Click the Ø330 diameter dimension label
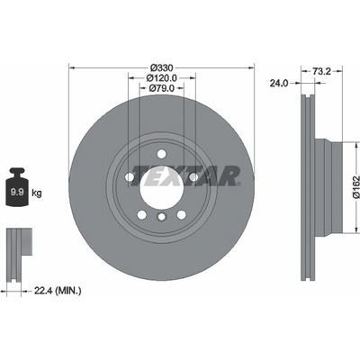tap(162, 67)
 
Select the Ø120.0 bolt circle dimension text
tap(162, 78)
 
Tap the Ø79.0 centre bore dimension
tap(162, 88)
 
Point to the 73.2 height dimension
tap(321, 71)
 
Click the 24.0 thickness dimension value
tap(279, 83)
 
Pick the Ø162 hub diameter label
tap(355, 187)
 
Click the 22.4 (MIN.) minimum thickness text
tap(58, 291)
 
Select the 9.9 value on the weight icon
tap(17, 192)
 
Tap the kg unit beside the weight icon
tap(37, 193)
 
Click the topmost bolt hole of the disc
tap(161, 154)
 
